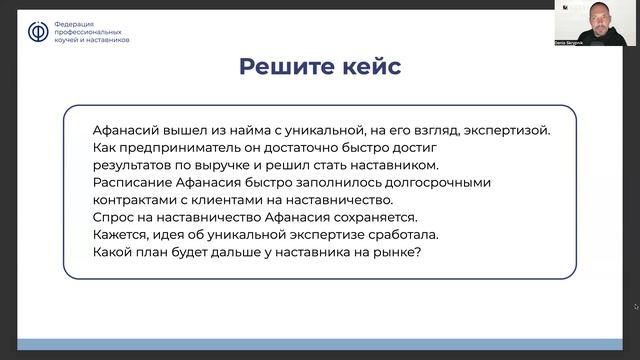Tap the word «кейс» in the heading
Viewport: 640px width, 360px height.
(370, 67)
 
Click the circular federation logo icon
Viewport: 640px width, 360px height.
(37, 32)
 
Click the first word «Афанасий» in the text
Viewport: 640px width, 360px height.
(128, 131)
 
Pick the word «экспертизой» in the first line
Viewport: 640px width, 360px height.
(505, 131)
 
